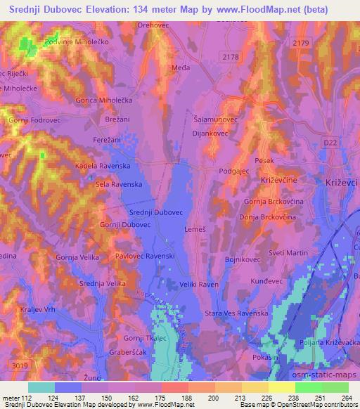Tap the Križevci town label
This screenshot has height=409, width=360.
pyautogui.click(x=342, y=181)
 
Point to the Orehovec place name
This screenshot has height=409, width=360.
pyautogui.click(x=155, y=25)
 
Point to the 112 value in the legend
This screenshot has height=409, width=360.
pyautogui.click(x=26, y=398)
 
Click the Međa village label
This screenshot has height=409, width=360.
pyautogui.click(x=181, y=68)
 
